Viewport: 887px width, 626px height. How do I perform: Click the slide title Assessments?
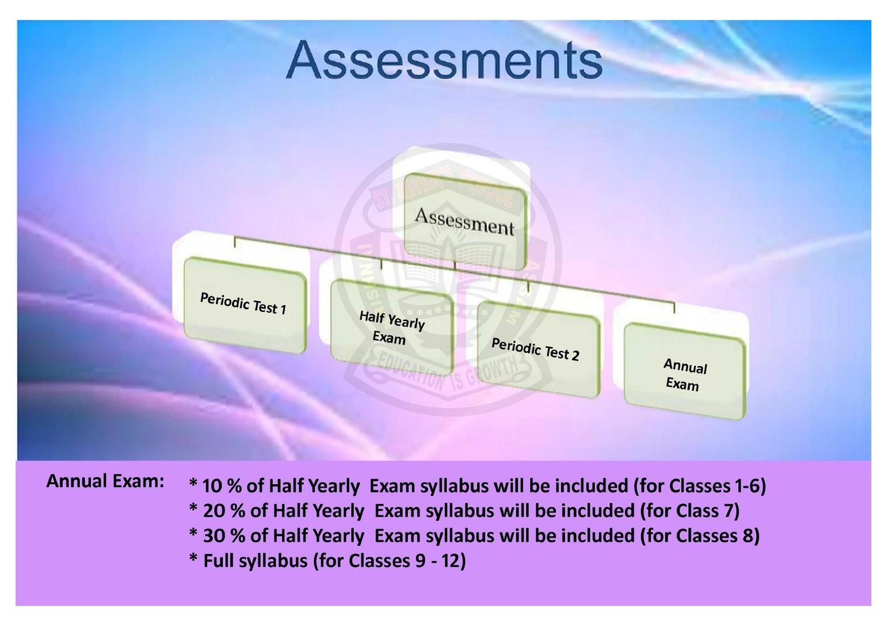[444, 60]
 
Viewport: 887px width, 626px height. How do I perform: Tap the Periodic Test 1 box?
[245, 305]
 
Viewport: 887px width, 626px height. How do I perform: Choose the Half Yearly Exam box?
[392, 327]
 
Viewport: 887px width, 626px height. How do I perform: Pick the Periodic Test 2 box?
[538, 349]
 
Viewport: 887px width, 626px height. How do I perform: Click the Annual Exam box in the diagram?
[685, 372]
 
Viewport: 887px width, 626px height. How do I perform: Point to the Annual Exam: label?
[105, 481]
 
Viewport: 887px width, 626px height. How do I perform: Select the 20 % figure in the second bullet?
[224, 511]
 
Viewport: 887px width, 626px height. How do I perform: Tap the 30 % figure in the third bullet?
[224, 536]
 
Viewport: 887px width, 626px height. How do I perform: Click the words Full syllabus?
[256, 561]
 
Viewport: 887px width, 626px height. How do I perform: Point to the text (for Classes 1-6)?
[700, 486]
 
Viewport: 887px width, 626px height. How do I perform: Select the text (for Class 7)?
[690, 511]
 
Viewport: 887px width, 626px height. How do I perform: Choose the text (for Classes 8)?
[700, 536]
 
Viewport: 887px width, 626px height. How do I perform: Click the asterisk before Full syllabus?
[193, 558]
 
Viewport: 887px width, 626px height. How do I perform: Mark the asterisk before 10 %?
[193, 483]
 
